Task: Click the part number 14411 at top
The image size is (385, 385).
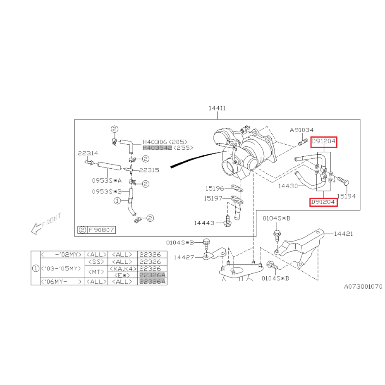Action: click(x=217, y=108)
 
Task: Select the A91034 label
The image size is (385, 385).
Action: click(x=302, y=130)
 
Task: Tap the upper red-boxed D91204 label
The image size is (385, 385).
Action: click(x=324, y=142)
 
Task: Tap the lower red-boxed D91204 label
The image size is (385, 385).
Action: click(x=323, y=202)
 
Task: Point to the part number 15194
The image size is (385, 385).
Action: click(x=346, y=196)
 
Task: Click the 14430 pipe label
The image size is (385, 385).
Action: click(x=288, y=186)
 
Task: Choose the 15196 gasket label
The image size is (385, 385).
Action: click(x=215, y=188)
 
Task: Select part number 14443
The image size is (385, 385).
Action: click(x=204, y=223)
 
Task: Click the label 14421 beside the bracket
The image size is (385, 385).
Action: click(x=343, y=234)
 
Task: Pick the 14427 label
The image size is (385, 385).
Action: click(x=184, y=257)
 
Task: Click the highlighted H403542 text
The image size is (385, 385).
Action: click(x=157, y=148)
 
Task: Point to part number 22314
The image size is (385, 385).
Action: click(x=88, y=153)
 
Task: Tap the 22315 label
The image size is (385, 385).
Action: click(x=149, y=170)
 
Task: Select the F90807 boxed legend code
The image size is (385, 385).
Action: click(x=101, y=230)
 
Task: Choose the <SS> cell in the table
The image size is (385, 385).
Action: click(x=96, y=262)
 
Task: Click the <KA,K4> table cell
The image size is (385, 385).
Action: click(x=122, y=269)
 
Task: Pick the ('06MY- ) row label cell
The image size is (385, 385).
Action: click(x=62, y=282)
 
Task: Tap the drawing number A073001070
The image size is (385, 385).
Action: click(x=363, y=287)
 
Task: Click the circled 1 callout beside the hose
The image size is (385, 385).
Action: click(x=117, y=201)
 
